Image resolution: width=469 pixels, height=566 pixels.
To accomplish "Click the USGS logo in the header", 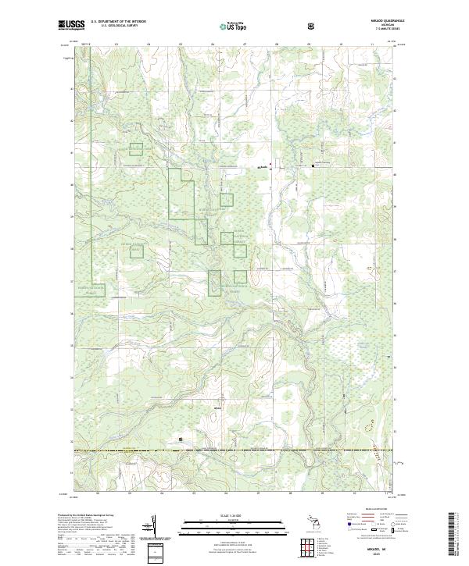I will [x=72, y=24].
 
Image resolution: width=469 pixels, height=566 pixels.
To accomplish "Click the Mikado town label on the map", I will [x=263, y=167].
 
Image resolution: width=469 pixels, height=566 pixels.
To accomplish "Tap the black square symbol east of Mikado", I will [x=314, y=166].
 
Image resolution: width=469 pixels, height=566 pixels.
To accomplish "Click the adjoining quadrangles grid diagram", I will [x=309, y=546].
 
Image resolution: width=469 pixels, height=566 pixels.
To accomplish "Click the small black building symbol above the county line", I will [x=182, y=439].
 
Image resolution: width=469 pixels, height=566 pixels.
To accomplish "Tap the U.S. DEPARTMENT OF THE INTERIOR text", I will [x=118, y=21].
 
